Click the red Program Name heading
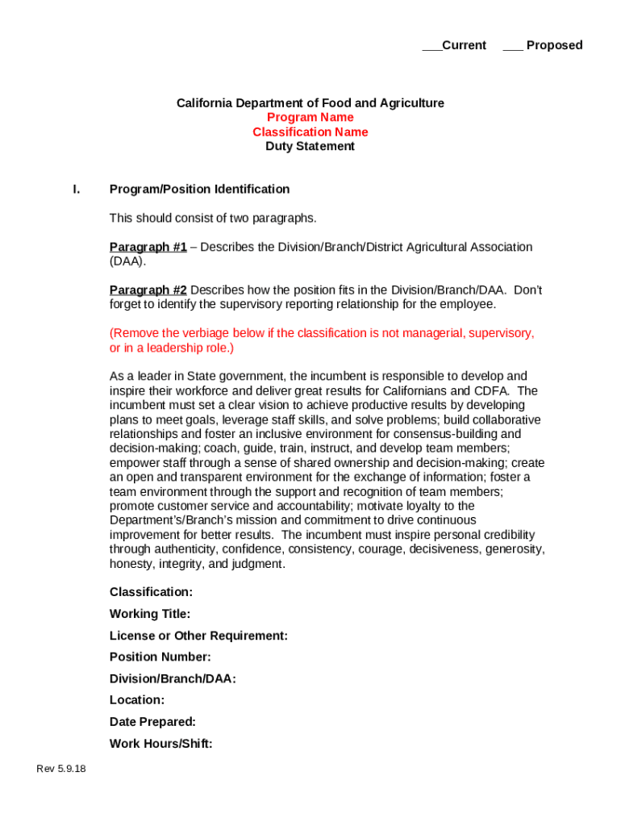pos(310,118)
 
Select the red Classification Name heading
pos(310,132)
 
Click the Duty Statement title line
pos(310,147)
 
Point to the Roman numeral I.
pos(76,190)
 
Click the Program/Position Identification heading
pos(199,190)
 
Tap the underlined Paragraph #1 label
pos(148,247)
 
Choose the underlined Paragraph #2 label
pos(148,290)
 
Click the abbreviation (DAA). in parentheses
pos(127,261)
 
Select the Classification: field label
pos(151,592)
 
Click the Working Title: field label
pos(150,614)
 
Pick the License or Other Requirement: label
pos(198,636)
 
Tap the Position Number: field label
pos(160,657)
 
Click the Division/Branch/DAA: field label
pos(173,679)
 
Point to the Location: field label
pos(137,700)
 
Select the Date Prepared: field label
pos(152,722)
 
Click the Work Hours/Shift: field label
pos(161,744)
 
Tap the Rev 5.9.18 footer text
pos(61,769)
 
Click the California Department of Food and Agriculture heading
pos(310,103)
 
